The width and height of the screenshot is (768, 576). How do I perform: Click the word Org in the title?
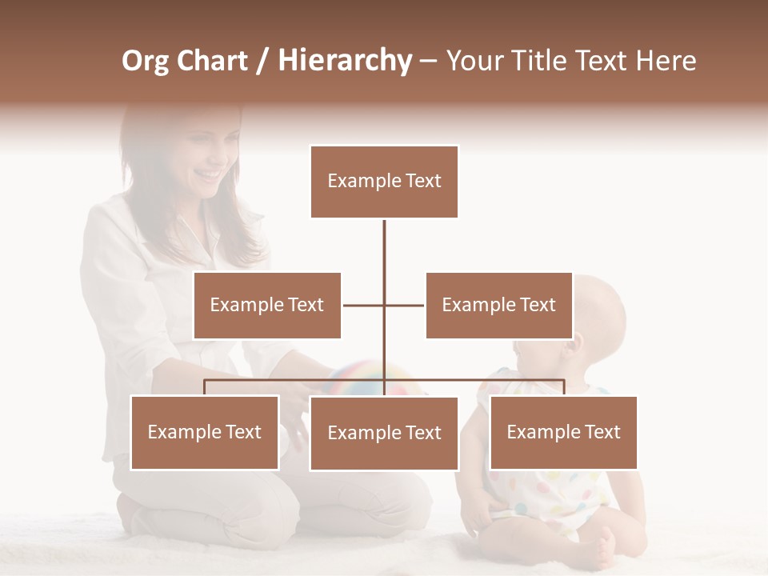tap(145, 61)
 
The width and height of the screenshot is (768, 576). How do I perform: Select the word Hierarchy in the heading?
tap(344, 61)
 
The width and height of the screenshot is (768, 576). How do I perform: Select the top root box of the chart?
tap(384, 182)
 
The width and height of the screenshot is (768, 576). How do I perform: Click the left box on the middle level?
tap(266, 305)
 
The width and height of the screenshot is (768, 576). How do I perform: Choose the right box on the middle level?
tap(498, 305)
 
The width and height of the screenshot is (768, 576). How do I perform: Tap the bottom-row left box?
tap(205, 432)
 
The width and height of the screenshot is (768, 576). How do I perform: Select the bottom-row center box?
tap(384, 433)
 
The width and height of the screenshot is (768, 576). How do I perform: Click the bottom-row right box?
tap(563, 432)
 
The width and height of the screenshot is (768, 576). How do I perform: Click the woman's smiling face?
tap(204, 160)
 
